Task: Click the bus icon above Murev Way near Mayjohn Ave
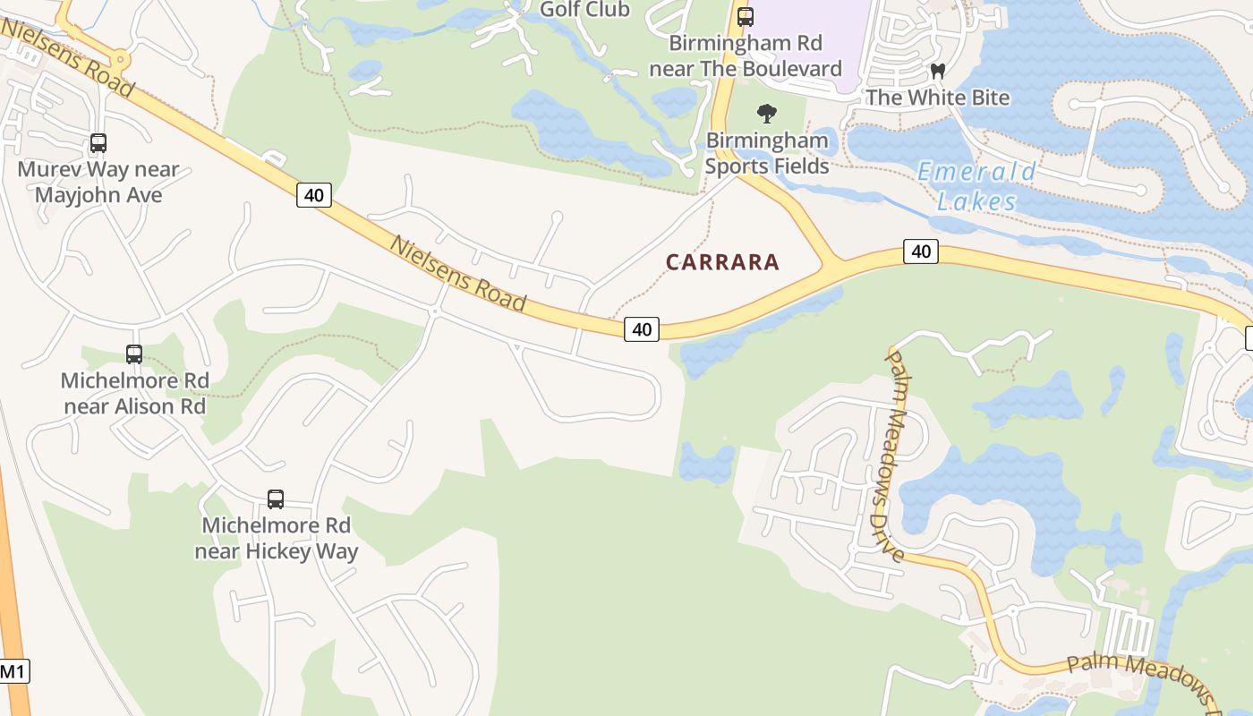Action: (98, 143)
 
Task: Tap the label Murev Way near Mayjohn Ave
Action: (98, 182)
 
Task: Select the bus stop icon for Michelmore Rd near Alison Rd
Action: (134, 354)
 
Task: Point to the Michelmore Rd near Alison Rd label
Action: (134, 393)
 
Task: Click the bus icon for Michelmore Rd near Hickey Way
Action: (276, 499)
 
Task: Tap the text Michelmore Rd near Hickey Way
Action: (277, 538)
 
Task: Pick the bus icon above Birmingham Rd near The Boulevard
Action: (746, 16)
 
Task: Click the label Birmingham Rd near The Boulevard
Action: (746, 55)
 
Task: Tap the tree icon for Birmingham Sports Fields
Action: (766, 114)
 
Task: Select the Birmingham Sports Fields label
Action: (766, 153)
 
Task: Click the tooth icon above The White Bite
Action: (938, 71)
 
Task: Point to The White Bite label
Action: (937, 98)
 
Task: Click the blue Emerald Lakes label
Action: (976, 186)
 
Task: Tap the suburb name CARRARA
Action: (723, 262)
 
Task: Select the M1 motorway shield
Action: (13, 671)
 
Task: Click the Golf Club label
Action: (585, 10)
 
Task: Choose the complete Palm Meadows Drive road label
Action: (895, 456)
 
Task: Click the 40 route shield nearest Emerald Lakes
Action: (921, 251)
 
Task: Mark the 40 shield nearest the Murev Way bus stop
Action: (314, 195)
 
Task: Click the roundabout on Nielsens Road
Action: (120, 60)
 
